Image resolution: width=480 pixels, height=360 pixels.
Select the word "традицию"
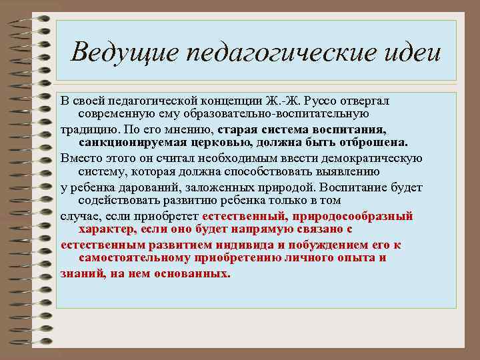pos(91,129)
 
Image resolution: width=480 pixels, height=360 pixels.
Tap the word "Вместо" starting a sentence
pos(79,157)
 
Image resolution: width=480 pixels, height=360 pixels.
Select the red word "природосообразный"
pos(351,216)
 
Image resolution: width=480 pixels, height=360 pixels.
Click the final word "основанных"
pos(197,273)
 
